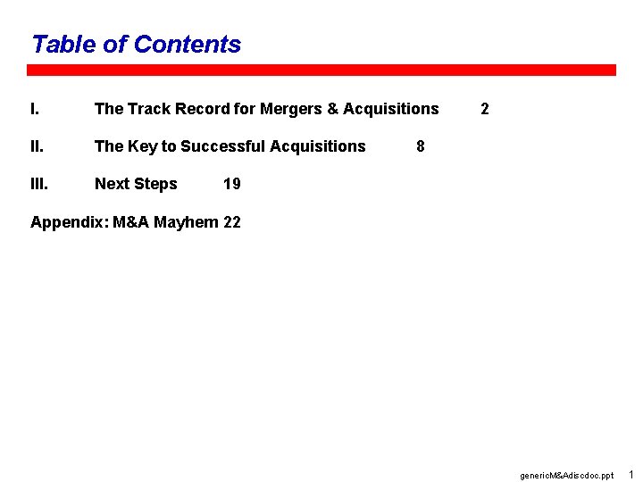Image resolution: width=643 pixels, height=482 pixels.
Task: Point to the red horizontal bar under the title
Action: [321, 70]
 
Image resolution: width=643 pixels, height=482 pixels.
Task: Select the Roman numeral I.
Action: [34, 109]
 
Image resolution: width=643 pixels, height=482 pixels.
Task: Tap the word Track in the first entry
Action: [148, 109]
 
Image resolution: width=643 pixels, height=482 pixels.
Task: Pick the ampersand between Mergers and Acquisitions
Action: [333, 109]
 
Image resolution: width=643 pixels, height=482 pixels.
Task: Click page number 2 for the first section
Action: [484, 109]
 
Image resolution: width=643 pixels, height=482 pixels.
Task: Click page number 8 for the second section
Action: [421, 146]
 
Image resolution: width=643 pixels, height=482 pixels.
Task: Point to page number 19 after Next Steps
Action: [231, 184]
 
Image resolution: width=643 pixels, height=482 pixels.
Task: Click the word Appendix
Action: [68, 222]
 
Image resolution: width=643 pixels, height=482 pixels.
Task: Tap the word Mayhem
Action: [186, 222]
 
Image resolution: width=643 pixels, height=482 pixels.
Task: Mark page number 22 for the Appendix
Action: [231, 222]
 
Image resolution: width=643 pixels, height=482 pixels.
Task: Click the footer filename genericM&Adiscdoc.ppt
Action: [566, 476]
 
